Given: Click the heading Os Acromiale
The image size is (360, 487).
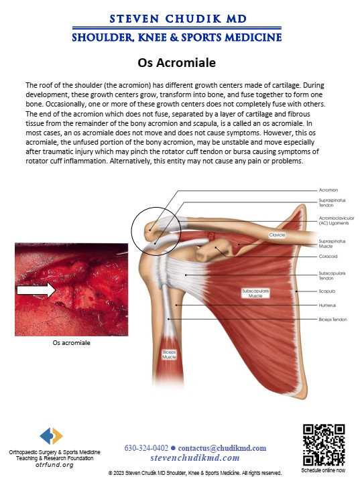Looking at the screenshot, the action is (176, 63).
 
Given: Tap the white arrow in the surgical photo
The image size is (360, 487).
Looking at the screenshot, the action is (36, 290).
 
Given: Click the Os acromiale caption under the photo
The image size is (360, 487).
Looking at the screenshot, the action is (72, 343).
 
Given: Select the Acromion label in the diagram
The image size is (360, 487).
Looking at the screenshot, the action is (328, 190).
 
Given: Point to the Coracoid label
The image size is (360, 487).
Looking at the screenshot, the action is (328, 257).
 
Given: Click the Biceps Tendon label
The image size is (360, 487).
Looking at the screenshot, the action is (333, 320).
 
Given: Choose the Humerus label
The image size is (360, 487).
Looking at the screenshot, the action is (327, 305).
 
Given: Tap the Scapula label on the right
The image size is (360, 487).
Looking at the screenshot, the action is (327, 291).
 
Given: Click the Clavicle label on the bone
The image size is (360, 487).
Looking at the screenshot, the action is (277, 235).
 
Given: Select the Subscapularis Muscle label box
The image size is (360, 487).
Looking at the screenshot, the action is (255, 293).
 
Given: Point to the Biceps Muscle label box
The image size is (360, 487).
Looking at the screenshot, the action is (169, 354).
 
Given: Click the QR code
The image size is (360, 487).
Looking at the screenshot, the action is (324, 445).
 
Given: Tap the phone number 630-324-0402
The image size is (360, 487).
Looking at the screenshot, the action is (146, 448).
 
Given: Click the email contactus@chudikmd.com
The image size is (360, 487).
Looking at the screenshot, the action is (222, 448).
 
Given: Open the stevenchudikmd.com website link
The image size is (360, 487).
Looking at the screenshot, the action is (195, 458).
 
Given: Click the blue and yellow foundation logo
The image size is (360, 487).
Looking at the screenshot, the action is (52, 436).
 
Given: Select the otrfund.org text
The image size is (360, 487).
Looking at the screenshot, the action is (55, 465).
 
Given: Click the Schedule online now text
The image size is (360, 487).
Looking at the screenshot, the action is (323, 470).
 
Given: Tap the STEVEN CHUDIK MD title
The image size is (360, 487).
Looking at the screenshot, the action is (178, 19).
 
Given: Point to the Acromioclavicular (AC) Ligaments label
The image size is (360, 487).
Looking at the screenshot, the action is (337, 220).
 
